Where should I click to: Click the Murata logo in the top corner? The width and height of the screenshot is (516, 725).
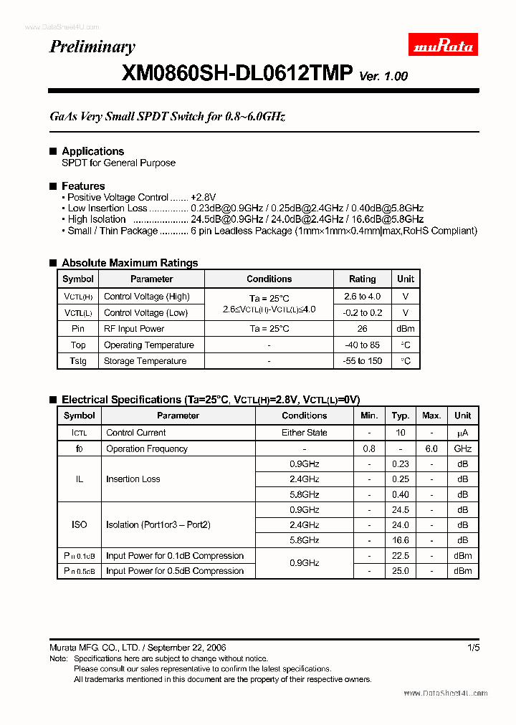click(x=443, y=47)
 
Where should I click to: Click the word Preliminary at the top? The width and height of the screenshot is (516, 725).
click(x=92, y=47)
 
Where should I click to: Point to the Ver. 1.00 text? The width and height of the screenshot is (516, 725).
click(x=383, y=76)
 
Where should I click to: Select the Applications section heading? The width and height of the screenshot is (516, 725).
click(x=92, y=151)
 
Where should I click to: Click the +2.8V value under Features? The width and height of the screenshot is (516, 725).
click(x=203, y=197)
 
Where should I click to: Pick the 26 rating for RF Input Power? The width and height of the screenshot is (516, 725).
click(x=362, y=329)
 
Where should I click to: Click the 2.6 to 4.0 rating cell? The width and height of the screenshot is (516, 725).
click(x=362, y=297)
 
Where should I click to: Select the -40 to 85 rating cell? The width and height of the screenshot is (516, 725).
click(x=362, y=345)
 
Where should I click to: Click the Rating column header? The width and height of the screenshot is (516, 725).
click(x=362, y=279)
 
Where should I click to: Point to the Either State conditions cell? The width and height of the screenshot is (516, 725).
click(x=304, y=433)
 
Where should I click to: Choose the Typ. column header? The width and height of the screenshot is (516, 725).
click(x=401, y=416)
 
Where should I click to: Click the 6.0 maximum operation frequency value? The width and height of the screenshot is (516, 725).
click(x=431, y=448)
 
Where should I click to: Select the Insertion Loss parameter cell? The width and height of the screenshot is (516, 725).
click(x=133, y=479)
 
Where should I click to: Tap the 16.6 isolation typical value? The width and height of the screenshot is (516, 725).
click(x=401, y=540)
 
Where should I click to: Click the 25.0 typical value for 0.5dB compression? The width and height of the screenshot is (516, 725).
click(x=401, y=571)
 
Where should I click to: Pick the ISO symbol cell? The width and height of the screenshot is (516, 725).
click(x=79, y=525)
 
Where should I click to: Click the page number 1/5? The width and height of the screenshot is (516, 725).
click(x=473, y=648)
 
